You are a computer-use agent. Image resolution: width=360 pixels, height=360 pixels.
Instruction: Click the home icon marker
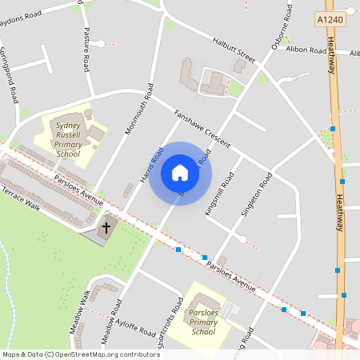(x=180, y=173)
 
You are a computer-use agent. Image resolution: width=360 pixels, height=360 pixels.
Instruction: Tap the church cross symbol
(x=106, y=229)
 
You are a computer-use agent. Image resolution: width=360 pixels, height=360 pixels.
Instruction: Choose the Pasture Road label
(x=87, y=50)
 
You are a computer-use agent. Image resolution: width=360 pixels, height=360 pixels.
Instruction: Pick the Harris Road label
(x=151, y=163)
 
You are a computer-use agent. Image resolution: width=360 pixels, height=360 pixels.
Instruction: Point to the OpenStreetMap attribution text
(x=80, y=354)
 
